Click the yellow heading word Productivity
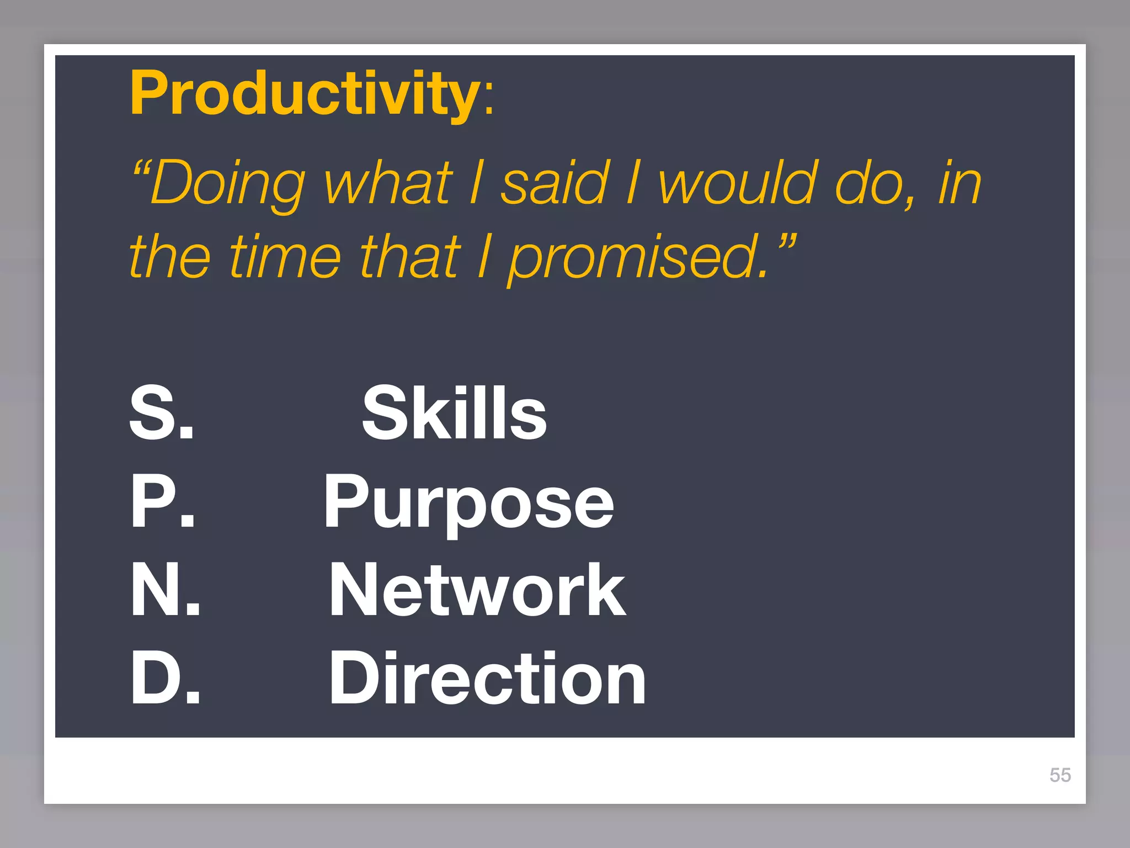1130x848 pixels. point(305,94)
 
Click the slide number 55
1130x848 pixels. point(1060,775)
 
